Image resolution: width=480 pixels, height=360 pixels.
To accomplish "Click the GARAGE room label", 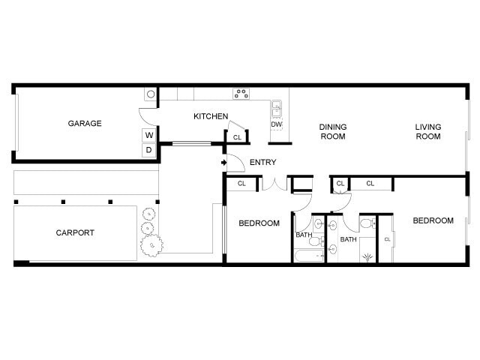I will [85, 124].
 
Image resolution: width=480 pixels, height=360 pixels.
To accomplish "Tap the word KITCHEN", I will [211, 116].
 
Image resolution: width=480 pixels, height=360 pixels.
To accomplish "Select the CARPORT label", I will [75, 232].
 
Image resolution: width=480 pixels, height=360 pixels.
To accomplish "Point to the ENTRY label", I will [262, 162].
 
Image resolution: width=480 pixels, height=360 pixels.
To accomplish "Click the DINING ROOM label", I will [332, 131].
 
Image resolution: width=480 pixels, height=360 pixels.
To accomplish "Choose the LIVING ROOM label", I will [428, 131].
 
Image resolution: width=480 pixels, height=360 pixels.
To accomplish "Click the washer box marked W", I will [149, 135].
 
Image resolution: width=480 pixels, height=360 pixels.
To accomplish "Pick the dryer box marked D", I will [149, 150].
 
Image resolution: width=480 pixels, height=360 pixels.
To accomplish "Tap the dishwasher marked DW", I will [276, 124].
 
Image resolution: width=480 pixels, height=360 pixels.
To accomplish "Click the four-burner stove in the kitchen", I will [241, 94].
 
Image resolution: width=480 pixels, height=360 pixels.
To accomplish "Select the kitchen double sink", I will [276, 108].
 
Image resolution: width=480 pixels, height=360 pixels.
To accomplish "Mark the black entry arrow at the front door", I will [223, 162].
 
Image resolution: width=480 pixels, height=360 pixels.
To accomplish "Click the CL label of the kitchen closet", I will [237, 137].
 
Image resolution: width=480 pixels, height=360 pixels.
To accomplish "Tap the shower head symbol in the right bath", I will [367, 257].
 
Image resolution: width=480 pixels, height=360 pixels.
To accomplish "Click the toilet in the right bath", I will [367, 224].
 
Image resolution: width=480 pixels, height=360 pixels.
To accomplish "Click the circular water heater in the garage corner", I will [150, 94].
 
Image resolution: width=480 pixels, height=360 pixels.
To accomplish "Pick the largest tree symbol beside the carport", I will [152, 243].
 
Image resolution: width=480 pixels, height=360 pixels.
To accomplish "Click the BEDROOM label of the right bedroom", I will [433, 220].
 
